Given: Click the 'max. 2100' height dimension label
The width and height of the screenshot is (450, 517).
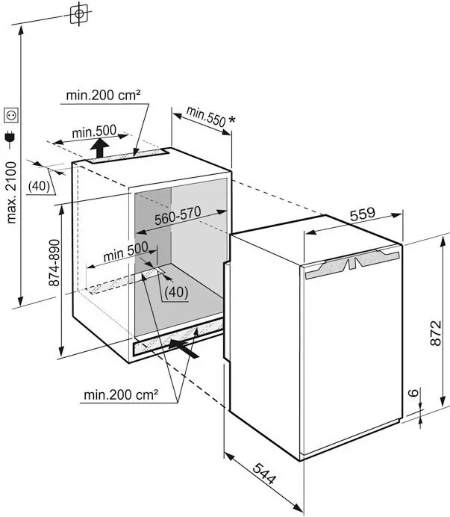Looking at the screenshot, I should point(13,192).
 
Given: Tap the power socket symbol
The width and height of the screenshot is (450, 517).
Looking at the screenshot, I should point(11,115).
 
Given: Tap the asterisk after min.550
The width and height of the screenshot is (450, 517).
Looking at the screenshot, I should point(233,120).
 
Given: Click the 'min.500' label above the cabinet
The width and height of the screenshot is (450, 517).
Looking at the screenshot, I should point(94,132).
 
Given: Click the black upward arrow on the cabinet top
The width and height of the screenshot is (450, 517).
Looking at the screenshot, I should point(99,149).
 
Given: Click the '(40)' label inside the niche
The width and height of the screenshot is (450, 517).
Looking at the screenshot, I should point(176,291).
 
